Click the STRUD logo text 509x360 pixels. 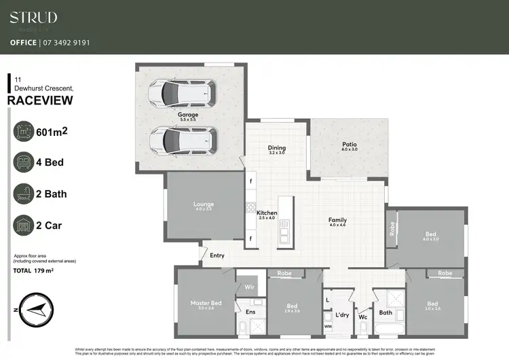click(x=33, y=18)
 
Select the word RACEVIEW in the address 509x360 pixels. click(x=39, y=101)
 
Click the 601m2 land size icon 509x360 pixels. click(x=24, y=131)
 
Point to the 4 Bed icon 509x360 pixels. click(x=24, y=162)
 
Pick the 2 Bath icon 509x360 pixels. click(x=24, y=194)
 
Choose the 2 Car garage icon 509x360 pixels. click(x=24, y=225)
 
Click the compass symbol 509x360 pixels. click(x=32, y=310)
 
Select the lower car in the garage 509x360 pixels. click(x=181, y=139)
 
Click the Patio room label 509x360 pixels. click(x=350, y=144)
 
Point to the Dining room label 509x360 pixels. click(x=277, y=147)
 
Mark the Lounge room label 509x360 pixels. click(x=204, y=204)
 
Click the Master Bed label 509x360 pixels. click(x=206, y=303)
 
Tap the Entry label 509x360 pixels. click(x=217, y=255)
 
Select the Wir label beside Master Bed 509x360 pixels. click(x=250, y=288)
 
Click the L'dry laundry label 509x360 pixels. click(x=342, y=314)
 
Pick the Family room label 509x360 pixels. click(x=337, y=220)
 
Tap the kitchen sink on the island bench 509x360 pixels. click(x=284, y=235)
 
